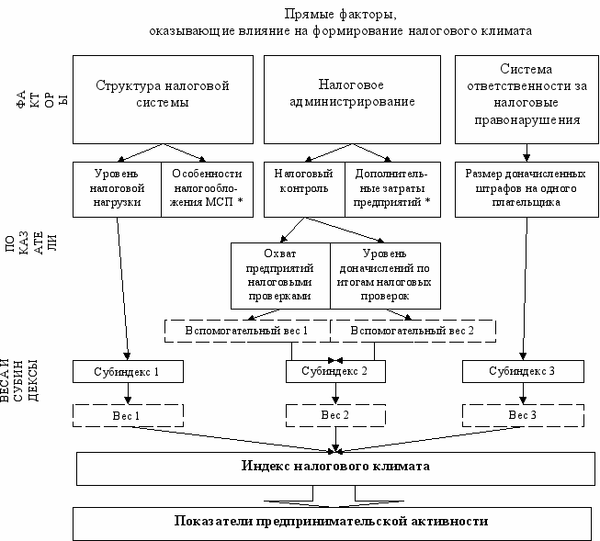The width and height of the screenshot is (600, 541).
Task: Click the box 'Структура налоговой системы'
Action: point(163,99)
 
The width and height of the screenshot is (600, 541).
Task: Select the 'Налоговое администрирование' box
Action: point(352,99)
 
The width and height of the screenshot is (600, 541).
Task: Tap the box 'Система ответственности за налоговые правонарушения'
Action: point(526,99)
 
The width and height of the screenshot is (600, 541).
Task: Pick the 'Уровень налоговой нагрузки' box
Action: point(117,189)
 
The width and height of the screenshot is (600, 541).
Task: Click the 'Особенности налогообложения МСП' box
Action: point(207,189)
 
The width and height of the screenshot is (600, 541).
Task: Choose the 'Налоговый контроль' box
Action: point(304,189)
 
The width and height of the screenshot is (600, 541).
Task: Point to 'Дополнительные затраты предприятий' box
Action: point(392,189)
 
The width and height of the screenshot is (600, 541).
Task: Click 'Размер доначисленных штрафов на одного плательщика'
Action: point(526,189)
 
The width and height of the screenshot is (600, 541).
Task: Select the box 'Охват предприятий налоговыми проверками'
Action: point(280,276)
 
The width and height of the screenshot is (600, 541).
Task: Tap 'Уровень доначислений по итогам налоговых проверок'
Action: point(385,276)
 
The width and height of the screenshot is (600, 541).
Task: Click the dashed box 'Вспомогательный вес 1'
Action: point(247,331)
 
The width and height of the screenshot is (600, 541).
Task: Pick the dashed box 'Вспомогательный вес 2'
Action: point(413,331)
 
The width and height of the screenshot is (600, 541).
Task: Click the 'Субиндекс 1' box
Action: point(128,371)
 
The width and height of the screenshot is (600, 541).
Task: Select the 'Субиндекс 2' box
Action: point(335,371)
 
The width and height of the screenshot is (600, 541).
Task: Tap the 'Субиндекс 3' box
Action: point(523,371)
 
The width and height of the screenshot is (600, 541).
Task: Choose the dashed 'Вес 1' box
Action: point(128,415)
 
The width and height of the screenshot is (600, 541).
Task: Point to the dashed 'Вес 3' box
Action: point(523,415)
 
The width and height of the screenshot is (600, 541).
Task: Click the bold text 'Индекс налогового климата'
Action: point(335,466)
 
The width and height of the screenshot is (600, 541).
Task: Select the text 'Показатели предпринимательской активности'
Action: point(332,521)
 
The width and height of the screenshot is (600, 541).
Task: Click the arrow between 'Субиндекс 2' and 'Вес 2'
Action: point(335,393)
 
